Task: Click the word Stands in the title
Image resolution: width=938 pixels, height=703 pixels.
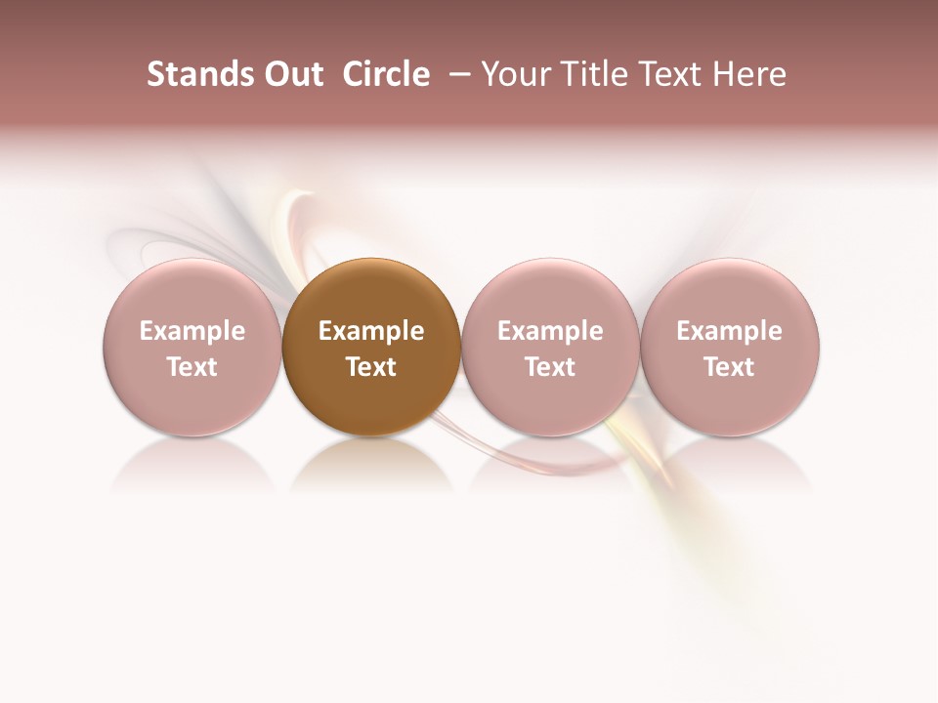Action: click(199, 74)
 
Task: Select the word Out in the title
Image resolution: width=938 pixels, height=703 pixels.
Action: click(291, 74)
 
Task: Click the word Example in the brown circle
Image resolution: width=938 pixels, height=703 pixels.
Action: click(371, 331)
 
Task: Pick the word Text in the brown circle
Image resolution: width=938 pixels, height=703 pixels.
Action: click(371, 367)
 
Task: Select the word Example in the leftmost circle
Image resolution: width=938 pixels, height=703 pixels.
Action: click(192, 331)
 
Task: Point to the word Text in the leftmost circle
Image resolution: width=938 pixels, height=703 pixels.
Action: click(192, 367)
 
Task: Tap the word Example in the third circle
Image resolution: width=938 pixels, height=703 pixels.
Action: click(550, 331)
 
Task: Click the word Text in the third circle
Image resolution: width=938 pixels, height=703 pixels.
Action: click(550, 367)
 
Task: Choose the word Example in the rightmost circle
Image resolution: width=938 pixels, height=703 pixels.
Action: click(730, 331)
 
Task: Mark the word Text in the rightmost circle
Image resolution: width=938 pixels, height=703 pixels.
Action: click(730, 367)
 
